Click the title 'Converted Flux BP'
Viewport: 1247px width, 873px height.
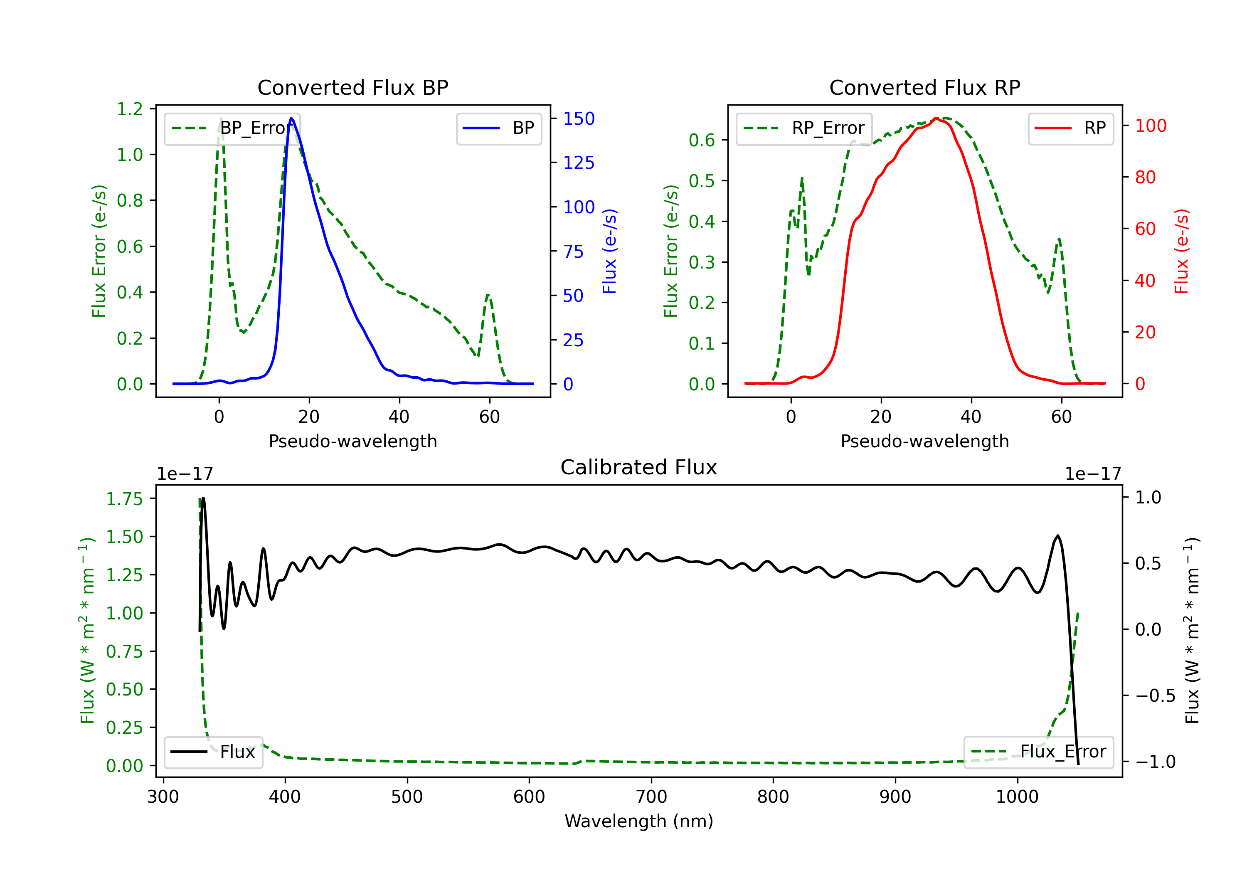point(352,87)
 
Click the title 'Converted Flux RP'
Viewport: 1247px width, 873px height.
point(924,87)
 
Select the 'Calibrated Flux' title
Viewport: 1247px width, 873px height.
point(639,467)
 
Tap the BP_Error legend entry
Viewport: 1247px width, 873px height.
point(232,128)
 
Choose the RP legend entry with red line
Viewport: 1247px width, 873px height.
point(1070,128)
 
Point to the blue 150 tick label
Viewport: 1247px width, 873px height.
point(579,118)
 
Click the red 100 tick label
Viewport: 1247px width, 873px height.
point(1151,126)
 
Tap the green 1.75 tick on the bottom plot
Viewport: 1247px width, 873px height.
point(124,499)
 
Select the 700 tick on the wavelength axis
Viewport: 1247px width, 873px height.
point(651,797)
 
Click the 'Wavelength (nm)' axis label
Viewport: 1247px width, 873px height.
point(639,821)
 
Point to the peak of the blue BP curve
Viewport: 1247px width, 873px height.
point(292,118)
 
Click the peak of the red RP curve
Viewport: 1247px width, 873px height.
point(936,118)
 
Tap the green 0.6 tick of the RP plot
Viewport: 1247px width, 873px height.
point(702,140)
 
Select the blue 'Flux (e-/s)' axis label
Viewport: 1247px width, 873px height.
point(609,251)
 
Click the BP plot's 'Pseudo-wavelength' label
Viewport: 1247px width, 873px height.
point(353,441)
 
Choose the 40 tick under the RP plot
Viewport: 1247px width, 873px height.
point(971,417)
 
